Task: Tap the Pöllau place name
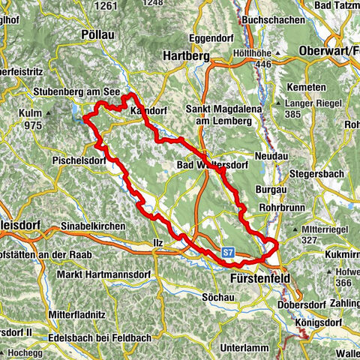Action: click(100, 35)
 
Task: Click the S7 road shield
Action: click(229, 254)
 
